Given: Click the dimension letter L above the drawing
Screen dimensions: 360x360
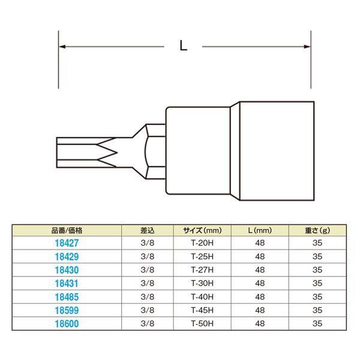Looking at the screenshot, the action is coord(183,46).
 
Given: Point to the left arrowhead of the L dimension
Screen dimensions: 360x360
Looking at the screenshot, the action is coord(62,47).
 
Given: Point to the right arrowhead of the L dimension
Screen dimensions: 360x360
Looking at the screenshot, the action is coord(307,47).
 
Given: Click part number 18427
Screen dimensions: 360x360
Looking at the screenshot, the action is coord(67,243).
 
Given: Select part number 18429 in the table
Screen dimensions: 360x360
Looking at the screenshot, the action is coord(67,257).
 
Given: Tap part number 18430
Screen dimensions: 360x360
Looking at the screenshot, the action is coord(67,270).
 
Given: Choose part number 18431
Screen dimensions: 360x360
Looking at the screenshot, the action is coord(67,283).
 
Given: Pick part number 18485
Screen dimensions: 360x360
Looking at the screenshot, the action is coord(67,297).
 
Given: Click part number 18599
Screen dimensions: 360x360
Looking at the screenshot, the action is coord(67,310).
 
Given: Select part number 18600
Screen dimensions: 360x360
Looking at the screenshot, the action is coord(67,323).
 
